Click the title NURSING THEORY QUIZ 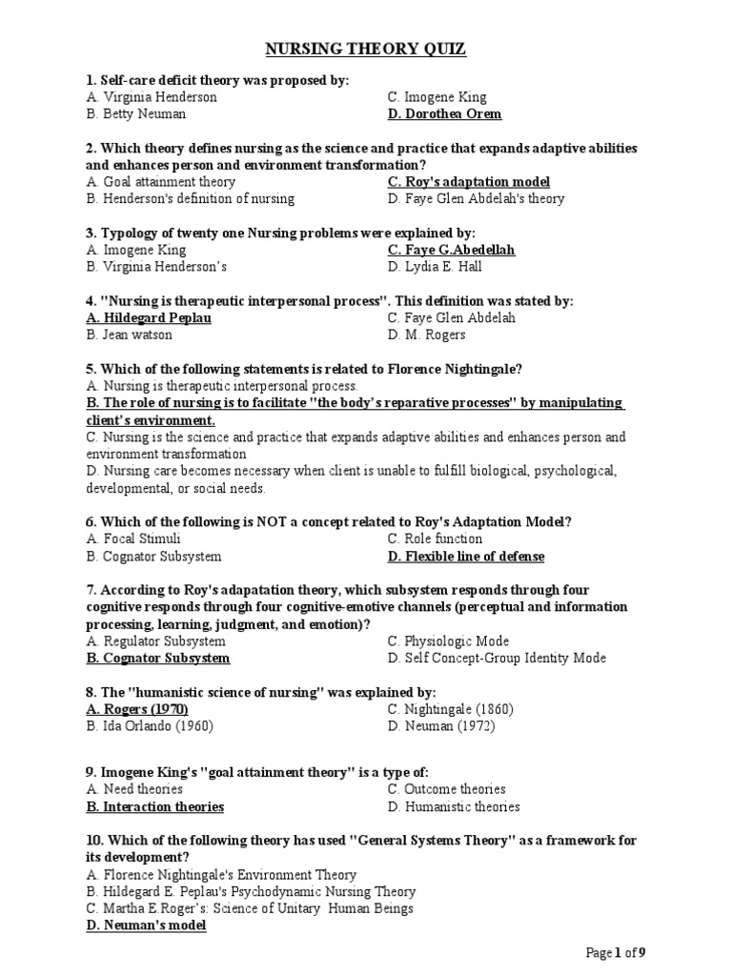[365, 49]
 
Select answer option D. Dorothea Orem [444, 114]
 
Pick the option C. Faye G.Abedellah [451, 250]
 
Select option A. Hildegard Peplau [149, 318]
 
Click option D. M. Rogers [427, 335]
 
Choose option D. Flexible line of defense [466, 557]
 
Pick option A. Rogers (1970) [137, 710]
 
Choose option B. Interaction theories [155, 807]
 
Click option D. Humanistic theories [454, 807]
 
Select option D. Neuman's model [146, 925]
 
